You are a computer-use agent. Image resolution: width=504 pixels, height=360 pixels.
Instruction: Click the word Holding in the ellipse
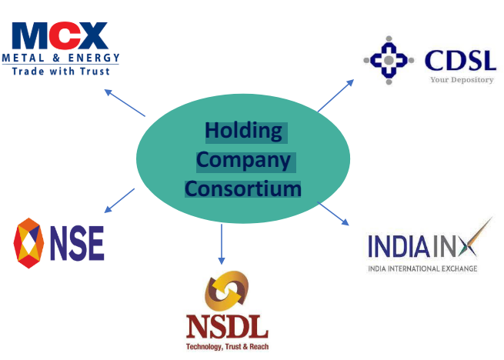click(x=243, y=132)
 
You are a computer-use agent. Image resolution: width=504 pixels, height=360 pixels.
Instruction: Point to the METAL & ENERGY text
click(x=61, y=58)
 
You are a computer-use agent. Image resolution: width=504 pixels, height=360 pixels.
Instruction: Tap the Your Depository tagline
click(x=462, y=79)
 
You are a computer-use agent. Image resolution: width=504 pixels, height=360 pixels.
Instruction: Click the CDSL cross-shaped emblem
click(x=389, y=60)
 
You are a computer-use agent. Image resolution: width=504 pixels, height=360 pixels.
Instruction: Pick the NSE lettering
click(x=78, y=243)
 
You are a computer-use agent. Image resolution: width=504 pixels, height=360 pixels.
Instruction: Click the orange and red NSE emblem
click(x=30, y=242)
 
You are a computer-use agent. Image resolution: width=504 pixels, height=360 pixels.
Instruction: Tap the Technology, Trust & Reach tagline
click(x=227, y=347)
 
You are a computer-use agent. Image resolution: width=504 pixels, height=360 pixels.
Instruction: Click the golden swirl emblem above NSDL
click(x=226, y=290)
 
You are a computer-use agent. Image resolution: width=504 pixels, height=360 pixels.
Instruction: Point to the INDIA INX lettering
click(x=422, y=246)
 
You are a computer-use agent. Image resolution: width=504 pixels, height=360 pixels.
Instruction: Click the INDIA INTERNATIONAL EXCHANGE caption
click(x=422, y=268)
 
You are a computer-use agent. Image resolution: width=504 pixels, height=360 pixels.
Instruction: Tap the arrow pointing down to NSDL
click(x=222, y=244)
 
